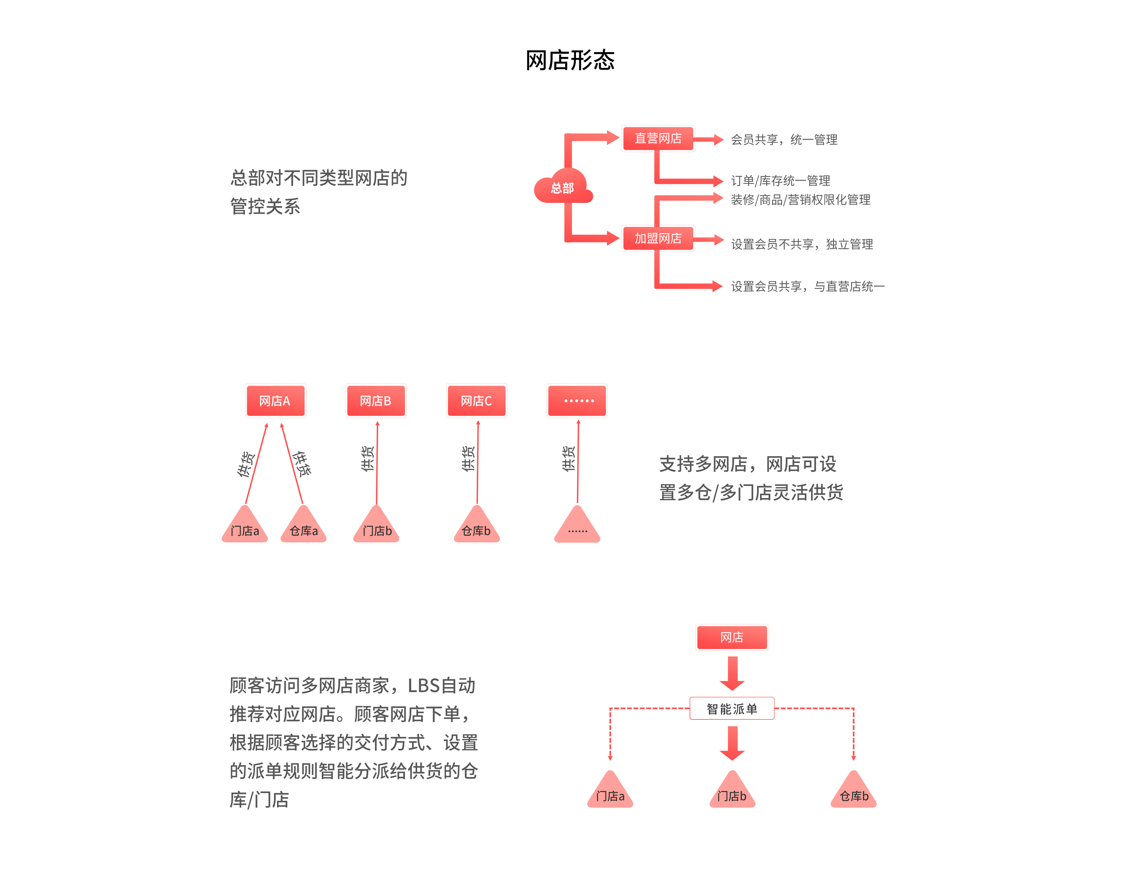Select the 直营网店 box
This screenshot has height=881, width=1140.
[x=658, y=138]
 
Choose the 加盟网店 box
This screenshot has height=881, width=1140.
[x=658, y=239]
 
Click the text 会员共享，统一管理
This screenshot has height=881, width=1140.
[x=784, y=139]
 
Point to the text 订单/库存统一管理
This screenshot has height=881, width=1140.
[x=780, y=181]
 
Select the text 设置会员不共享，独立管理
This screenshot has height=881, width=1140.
[x=802, y=244]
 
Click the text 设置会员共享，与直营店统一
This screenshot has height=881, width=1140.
[x=807, y=286]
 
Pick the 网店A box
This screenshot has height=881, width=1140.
[x=275, y=401]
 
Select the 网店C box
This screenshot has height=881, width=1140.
[x=476, y=401]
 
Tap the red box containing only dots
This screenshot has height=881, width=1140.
[x=577, y=401]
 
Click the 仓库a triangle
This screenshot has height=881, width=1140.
[x=303, y=525]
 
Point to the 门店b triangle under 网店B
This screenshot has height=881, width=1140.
[x=376, y=525]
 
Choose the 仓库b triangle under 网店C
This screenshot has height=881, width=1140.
[x=476, y=525]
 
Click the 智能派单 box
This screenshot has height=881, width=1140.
[x=732, y=709]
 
